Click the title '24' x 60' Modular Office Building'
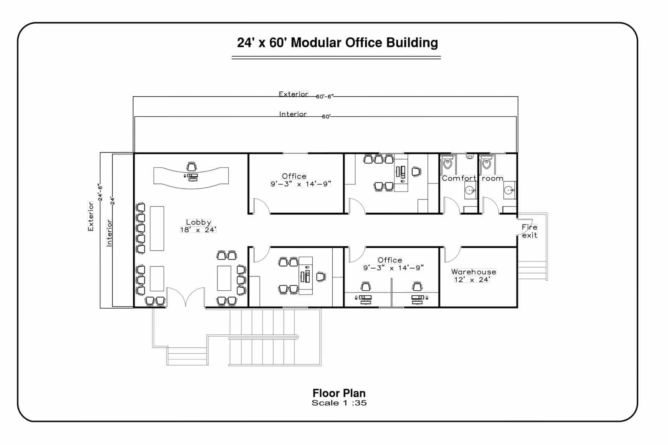coord(337,43)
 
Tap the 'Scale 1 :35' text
coord(339,403)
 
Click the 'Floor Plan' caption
coord(339,393)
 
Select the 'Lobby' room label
coord(198,222)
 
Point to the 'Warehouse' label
coord(473,272)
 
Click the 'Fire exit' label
coord(529,231)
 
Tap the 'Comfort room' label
coord(472,179)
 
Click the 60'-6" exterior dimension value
coord(324,96)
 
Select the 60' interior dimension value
coord(326,116)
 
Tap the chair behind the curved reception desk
coord(191,166)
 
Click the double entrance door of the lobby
coord(186,297)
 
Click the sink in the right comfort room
coord(509,191)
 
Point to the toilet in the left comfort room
coord(448,163)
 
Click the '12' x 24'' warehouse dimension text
coord(472,280)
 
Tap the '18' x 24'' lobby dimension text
coord(198,230)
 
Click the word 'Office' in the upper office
coord(294,176)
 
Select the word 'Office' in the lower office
coord(390,260)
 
